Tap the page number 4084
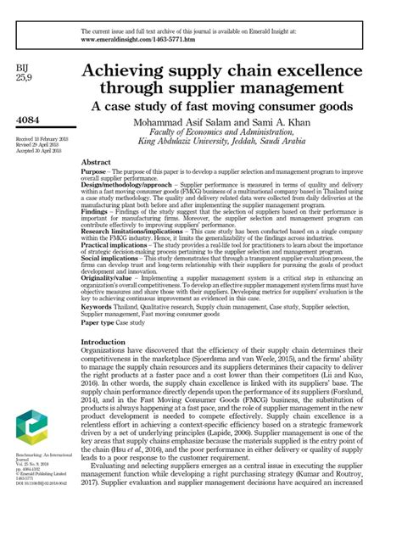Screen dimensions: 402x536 pos(30,120)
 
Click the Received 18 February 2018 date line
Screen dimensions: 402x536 pos(38,137)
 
